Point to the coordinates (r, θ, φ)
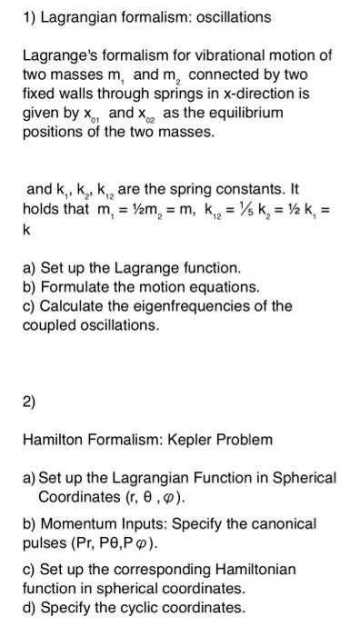point(151,497)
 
